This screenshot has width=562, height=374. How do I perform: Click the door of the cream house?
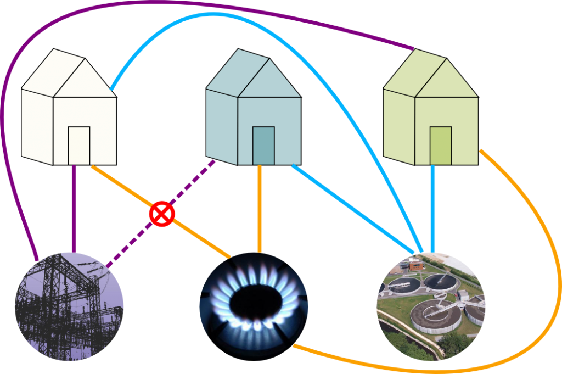click(x=78, y=145)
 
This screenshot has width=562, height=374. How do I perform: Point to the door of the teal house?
click(x=263, y=145)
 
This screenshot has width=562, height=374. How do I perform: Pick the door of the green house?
click(x=440, y=145)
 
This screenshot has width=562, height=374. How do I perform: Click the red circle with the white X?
click(x=162, y=214)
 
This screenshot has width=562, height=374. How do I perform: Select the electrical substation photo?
click(x=70, y=306)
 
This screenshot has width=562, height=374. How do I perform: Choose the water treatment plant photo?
click(x=431, y=306)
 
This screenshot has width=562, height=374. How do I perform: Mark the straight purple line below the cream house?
click(x=74, y=209)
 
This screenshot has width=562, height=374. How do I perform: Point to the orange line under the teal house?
click(x=260, y=209)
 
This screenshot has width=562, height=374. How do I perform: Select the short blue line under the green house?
click(x=432, y=209)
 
